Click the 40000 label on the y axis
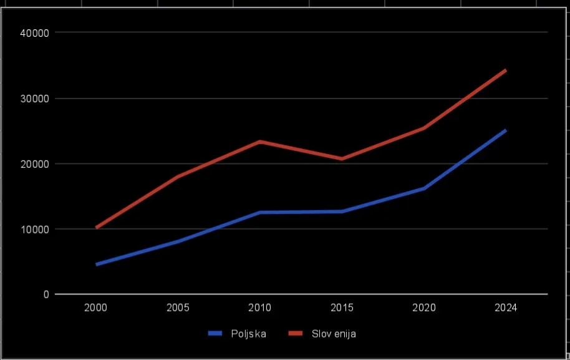click(34, 33)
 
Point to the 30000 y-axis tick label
click(34, 99)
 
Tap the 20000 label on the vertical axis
click(34, 164)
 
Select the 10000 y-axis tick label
click(34, 230)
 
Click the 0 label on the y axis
click(46, 294)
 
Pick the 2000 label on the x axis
click(95, 308)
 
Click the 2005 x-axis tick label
click(178, 308)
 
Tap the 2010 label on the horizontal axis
click(259, 308)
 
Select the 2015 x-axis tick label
click(342, 308)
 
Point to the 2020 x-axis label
click(424, 308)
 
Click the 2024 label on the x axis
click(506, 308)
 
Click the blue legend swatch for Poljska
click(215, 333)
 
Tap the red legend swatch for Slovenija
click(296, 333)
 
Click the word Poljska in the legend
click(249, 334)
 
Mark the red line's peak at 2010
click(260, 142)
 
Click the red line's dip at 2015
click(342, 158)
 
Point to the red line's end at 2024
click(506, 70)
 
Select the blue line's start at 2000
click(97, 265)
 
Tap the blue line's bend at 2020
click(424, 188)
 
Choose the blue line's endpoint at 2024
click(506, 130)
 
